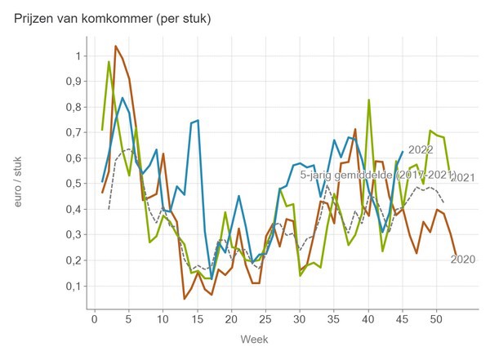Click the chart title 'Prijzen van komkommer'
[113, 19]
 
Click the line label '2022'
[421, 150]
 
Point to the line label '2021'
[463, 178]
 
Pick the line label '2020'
[463, 260]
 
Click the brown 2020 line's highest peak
[115, 47]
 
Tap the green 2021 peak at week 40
[368, 100]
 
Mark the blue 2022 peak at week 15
[198, 121]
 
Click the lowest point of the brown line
[184, 299]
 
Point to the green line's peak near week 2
[109, 62]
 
